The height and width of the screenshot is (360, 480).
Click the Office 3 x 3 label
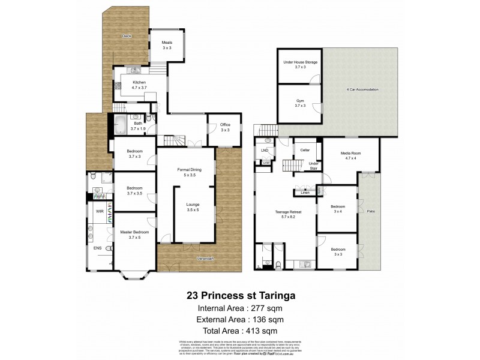[225, 127]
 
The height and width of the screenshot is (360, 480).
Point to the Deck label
[127, 37]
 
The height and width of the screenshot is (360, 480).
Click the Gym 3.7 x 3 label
[301, 103]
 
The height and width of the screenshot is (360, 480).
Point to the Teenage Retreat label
[286, 214]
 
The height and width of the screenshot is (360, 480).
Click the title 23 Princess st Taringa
[240, 295]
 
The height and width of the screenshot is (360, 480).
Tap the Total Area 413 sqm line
[240, 331]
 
